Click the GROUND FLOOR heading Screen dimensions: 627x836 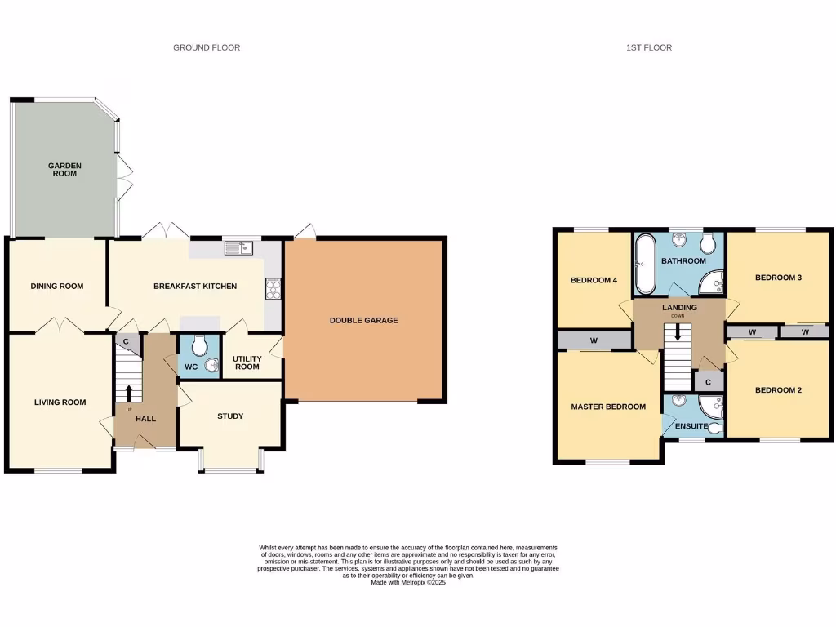click(207, 48)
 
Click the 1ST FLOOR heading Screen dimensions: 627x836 click(648, 48)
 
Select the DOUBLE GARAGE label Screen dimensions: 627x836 click(363, 320)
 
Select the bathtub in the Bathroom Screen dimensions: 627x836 click(645, 265)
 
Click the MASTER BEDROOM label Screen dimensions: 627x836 click(608, 407)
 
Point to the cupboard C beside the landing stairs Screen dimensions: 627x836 click(708, 382)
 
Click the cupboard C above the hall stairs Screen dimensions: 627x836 click(127, 341)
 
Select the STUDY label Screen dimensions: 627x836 click(230, 416)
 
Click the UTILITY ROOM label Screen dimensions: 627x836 click(247, 362)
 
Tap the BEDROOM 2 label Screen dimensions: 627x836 click(777, 390)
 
